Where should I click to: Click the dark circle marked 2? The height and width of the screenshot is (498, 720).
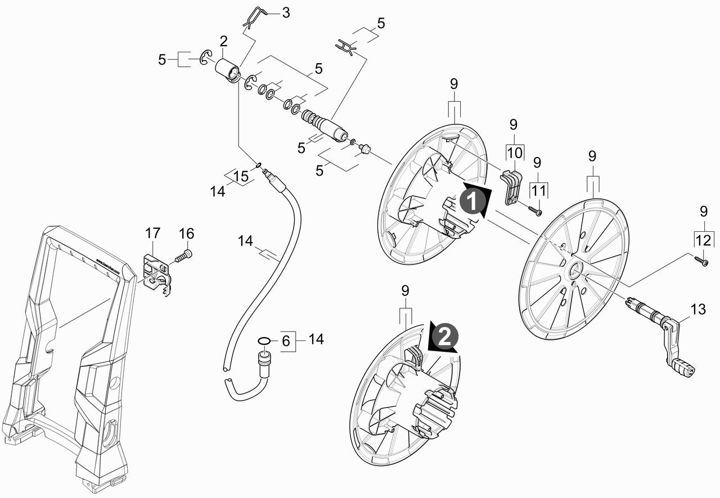pyautogui.click(x=444, y=337)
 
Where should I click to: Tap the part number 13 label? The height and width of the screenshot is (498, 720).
pyautogui.click(x=697, y=309)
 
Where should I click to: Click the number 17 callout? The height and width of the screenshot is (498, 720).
pyautogui.click(x=152, y=232)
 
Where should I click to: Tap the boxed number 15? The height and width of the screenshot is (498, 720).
pyautogui.click(x=241, y=177)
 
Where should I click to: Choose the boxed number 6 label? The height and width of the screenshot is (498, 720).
pyautogui.click(x=285, y=340)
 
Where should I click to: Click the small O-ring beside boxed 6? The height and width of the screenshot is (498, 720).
pyautogui.click(x=263, y=340)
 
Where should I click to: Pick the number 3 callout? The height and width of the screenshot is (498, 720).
pyautogui.click(x=286, y=12)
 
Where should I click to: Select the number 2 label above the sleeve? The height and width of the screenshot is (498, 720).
pyautogui.click(x=223, y=41)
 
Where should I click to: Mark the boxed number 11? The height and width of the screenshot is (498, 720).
pyautogui.click(x=539, y=190)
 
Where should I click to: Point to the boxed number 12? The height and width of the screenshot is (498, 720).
pyautogui.click(x=703, y=240)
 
